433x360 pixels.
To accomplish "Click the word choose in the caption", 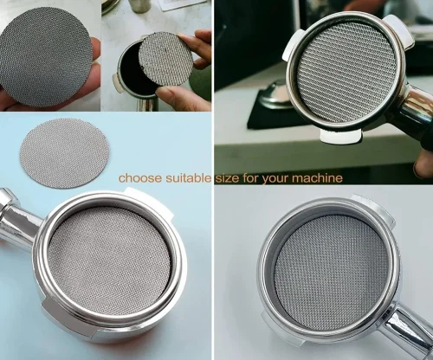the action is (140, 178).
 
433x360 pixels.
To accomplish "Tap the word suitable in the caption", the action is (189, 178).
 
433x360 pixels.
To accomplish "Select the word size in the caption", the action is (227, 178).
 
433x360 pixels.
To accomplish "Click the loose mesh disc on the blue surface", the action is (64, 153).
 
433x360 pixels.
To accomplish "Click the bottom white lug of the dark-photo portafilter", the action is (340, 137).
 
